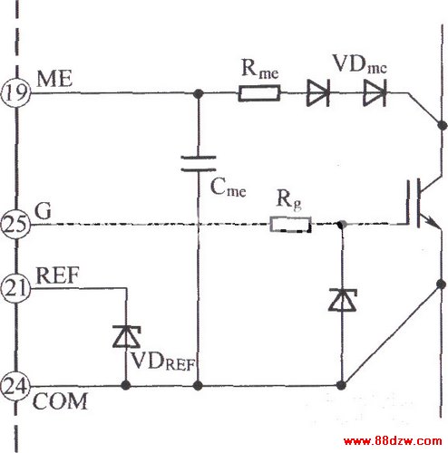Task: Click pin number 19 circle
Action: tap(16, 92)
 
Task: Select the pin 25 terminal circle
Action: tap(15, 224)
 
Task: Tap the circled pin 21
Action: tap(15, 288)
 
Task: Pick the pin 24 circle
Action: tap(15, 386)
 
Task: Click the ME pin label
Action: tap(54, 79)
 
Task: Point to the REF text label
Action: tap(57, 275)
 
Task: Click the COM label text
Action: tap(60, 401)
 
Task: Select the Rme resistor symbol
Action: tap(259, 93)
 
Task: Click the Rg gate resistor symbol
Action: tap(290, 225)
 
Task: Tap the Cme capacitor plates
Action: tap(199, 163)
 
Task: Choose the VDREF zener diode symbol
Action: tap(126, 336)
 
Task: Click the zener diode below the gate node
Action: tap(343, 300)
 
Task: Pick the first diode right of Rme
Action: tap(318, 93)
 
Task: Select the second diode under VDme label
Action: tap(375, 93)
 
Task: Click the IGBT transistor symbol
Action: tap(424, 203)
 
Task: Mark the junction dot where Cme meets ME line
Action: tap(198, 93)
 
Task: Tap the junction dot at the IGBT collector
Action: tap(443, 125)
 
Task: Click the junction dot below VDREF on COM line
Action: tap(126, 385)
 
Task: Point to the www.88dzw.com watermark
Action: tap(393, 441)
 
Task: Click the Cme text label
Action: tap(228, 188)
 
